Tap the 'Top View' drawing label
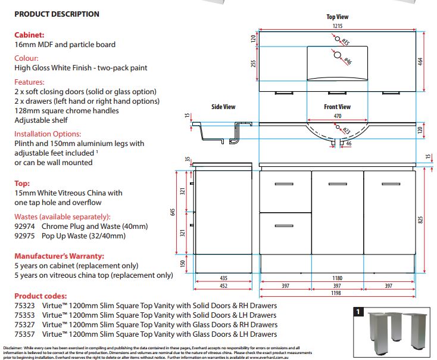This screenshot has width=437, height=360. point(338,17)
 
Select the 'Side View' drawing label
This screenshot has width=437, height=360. point(223,107)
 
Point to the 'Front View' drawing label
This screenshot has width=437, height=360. point(337,107)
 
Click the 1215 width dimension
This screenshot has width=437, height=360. point(338,26)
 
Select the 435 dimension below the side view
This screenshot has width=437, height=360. point(224,278)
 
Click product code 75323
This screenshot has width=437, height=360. point(24,306)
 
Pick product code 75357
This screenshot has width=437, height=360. point(24,334)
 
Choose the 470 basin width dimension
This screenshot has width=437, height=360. point(338,117)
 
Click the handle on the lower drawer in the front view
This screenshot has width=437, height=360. point(286,225)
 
